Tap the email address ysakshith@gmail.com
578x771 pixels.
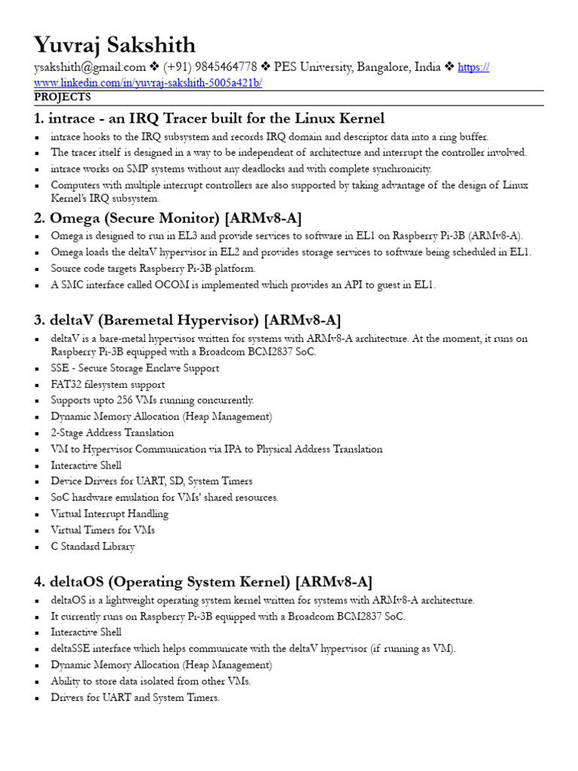point(90,68)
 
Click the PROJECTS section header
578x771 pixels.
point(62,97)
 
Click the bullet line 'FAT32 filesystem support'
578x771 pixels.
point(108,385)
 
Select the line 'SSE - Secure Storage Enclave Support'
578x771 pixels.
point(135,368)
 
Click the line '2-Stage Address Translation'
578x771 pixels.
point(112,433)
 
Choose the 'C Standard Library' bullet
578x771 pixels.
point(93,547)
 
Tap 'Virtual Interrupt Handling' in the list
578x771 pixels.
point(109,514)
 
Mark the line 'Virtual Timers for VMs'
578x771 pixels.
point(102,530)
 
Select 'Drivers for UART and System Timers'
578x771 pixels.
point(135,698)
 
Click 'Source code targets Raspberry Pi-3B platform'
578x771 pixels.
point(154,269)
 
